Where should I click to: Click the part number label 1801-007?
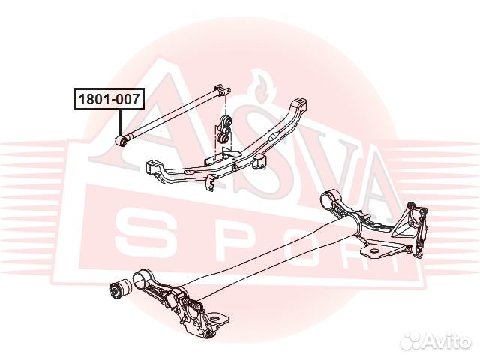109,99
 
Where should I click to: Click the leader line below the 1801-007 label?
120,123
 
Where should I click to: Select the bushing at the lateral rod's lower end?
122,140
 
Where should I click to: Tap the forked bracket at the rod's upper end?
223,90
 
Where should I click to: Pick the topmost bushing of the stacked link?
226,120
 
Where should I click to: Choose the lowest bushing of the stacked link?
223,139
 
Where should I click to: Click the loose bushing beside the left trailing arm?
120,289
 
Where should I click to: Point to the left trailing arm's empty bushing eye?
141,277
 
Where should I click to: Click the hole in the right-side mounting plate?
373,252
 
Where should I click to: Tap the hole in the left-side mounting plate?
216,318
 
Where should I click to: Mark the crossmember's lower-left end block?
152,168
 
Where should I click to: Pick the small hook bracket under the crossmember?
210,183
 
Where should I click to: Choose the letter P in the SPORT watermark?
234,238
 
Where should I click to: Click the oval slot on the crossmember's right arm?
274,135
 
